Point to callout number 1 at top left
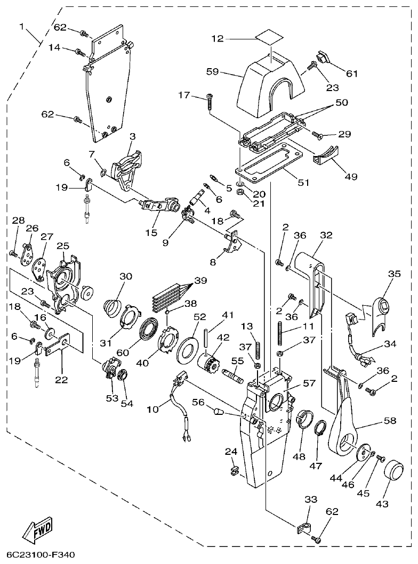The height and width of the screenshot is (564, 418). (x=22, y=26)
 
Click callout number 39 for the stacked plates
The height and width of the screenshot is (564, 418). (x=200, y=280)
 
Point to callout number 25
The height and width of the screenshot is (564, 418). (x=64, y=246)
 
